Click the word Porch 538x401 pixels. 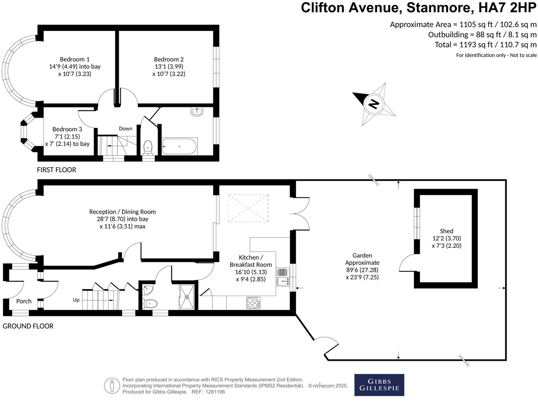click(24, 301)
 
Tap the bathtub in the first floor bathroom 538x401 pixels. click(179, 146)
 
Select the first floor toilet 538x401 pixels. click(148, 147)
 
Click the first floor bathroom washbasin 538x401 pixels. click(197, 111)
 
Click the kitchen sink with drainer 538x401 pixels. click(283, 277)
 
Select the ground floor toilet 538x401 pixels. click(150, 303)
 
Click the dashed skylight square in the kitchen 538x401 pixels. click(248, 208)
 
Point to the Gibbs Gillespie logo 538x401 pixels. click(379, 385)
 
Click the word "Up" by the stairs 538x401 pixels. click(76, 300)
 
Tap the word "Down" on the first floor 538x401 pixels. click(125, 128)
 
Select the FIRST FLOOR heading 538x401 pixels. click(57, 170)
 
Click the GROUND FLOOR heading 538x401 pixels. click(28, 326)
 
